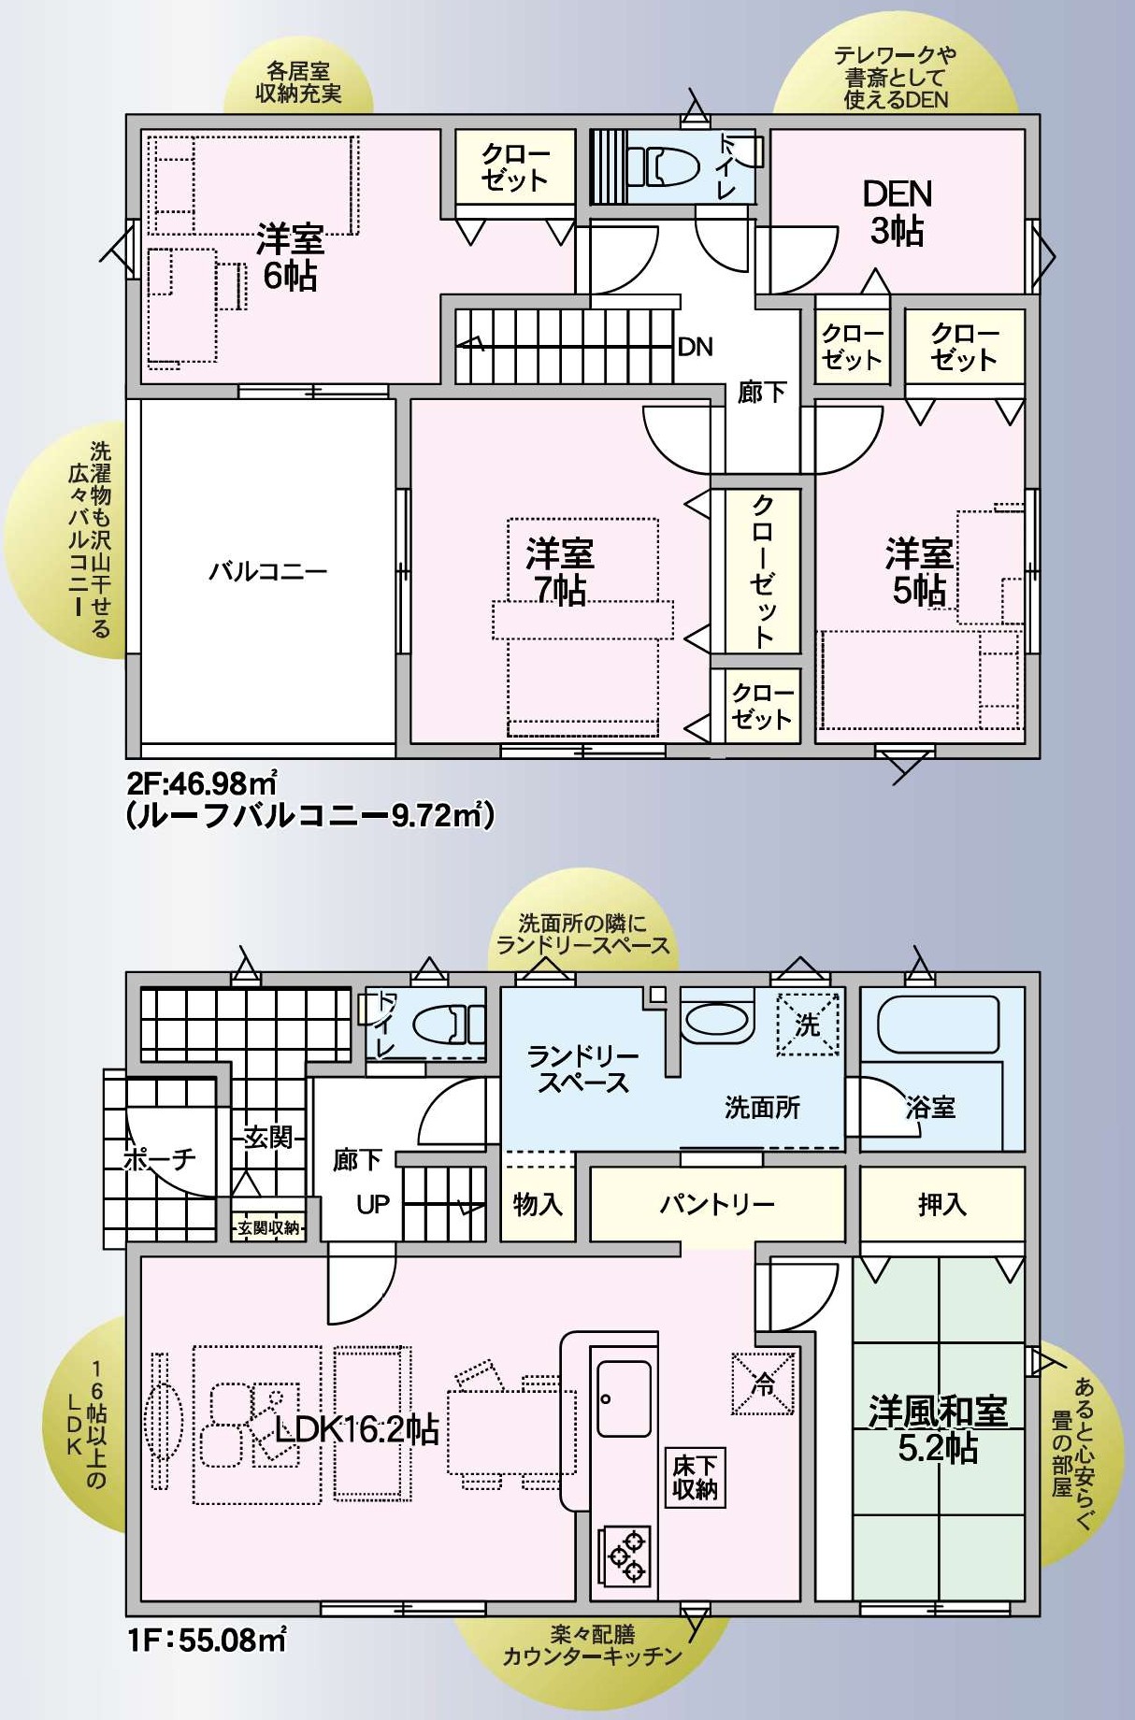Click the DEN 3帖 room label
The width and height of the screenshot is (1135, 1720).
898,212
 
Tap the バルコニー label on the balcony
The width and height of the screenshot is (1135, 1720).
267,570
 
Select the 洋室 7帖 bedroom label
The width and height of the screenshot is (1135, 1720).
560,572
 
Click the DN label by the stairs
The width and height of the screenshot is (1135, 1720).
695,347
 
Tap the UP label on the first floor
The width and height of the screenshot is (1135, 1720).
372,1204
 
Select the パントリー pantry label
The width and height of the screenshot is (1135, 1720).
717,1203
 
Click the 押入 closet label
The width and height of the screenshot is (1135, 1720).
941,1204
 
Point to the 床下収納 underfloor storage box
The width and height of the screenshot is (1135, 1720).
695,1478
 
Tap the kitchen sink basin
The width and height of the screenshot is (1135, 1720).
624,1398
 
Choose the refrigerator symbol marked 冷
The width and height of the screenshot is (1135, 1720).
764,1383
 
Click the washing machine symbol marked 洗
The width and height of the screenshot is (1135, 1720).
808,1025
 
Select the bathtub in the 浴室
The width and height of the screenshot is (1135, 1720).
938,1024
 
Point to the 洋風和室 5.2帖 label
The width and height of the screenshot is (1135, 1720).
938,1429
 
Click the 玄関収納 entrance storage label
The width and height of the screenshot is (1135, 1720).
268,1227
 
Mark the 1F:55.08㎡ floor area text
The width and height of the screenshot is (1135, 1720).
207,1640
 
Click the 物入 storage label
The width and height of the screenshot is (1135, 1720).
538,1204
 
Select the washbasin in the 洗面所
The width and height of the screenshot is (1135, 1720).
717,1018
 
